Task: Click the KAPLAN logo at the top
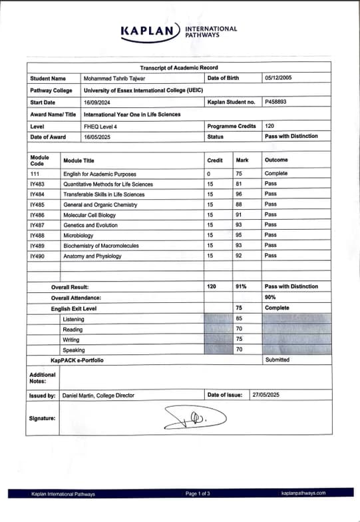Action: click(x=150, y=31)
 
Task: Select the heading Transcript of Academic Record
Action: click(x=178, y=68)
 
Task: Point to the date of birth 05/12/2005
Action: click(x=278, y=79)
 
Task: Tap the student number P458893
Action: click(x=276, y=103)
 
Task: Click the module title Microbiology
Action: click(x=79, y=235)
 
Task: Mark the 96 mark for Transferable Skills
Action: click(x=239, y=194)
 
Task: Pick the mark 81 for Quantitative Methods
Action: click(x=239, y=184)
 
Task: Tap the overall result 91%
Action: click(x=241, y=287)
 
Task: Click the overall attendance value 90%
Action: click(x=270, y=297)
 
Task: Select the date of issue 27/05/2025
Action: click(x=266, y=395)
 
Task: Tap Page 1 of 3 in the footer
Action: click(x=198, y=493)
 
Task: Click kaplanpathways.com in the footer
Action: click(x=303, y=493)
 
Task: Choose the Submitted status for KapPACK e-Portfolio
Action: click(x=277, y=360)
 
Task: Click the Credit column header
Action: click(x=215, y=160)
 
